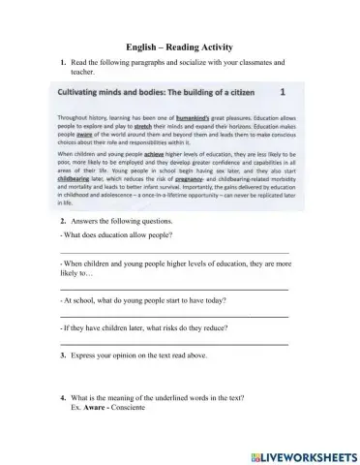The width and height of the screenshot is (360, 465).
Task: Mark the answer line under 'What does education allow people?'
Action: tap(174, 252)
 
